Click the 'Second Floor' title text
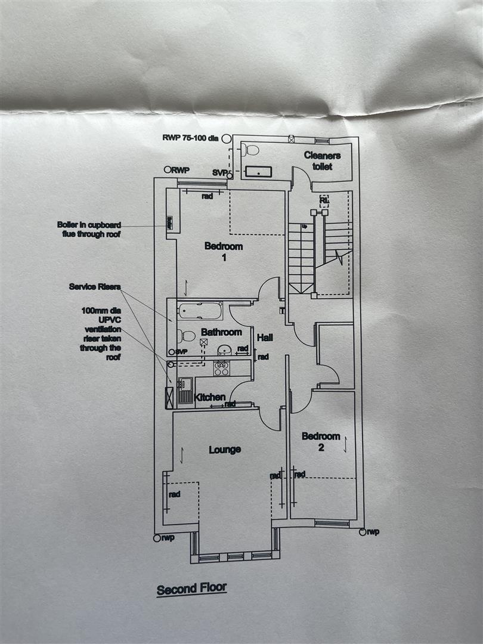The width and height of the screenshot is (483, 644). point(191,589)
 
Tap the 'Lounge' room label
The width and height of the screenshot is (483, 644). point(224,450)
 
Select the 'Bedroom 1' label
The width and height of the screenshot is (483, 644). point(224,252)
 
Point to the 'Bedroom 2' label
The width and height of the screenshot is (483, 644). point(321,442)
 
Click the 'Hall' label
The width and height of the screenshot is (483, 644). point(265,338)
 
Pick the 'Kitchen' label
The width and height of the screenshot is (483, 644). point(210,397)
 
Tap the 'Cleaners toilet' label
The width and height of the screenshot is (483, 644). point(322,161)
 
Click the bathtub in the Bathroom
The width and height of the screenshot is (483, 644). point(200,310)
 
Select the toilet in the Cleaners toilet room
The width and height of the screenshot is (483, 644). point(251,150)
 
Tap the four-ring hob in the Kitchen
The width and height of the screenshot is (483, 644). point(221,368)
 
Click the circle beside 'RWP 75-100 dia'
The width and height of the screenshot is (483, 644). point(226,138)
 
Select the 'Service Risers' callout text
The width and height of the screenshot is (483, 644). point(94,287)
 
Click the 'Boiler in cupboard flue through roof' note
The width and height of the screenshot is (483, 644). point(89,230)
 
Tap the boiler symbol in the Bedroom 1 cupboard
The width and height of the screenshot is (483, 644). point(170,223)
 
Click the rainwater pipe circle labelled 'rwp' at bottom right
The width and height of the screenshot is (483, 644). point(362,531)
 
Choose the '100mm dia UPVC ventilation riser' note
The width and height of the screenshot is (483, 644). point(101,334)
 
